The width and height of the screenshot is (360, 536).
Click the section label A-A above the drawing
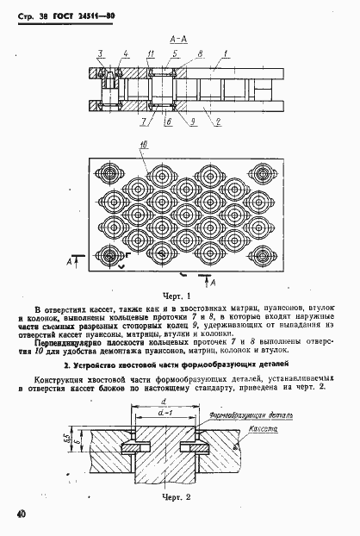[179, 39]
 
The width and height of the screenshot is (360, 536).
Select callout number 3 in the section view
[99, 54]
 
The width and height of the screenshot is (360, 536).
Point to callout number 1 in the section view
[227, 54]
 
